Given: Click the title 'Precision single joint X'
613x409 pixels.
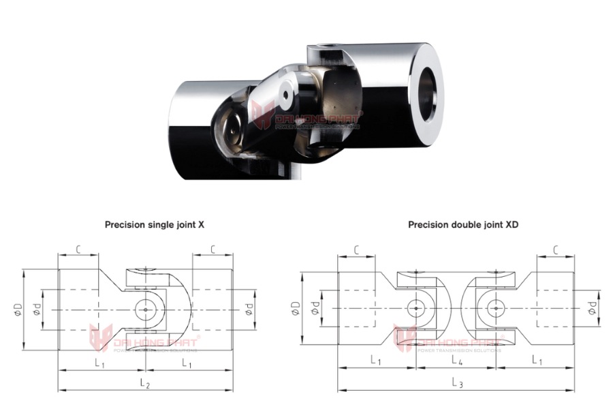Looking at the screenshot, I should pos(154,223).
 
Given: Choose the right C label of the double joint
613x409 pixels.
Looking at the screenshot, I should pos(556,251).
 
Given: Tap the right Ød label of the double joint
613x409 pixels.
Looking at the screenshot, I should pos(592,308).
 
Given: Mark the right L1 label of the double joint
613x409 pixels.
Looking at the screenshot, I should pos(537,360).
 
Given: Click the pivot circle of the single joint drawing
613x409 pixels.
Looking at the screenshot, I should pos(145,309).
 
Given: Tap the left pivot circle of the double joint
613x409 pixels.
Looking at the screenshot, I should pos(415,308).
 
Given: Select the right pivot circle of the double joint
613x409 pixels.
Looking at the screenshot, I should pos(495,308).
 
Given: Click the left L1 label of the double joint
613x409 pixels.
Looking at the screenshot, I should pos(375,360).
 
